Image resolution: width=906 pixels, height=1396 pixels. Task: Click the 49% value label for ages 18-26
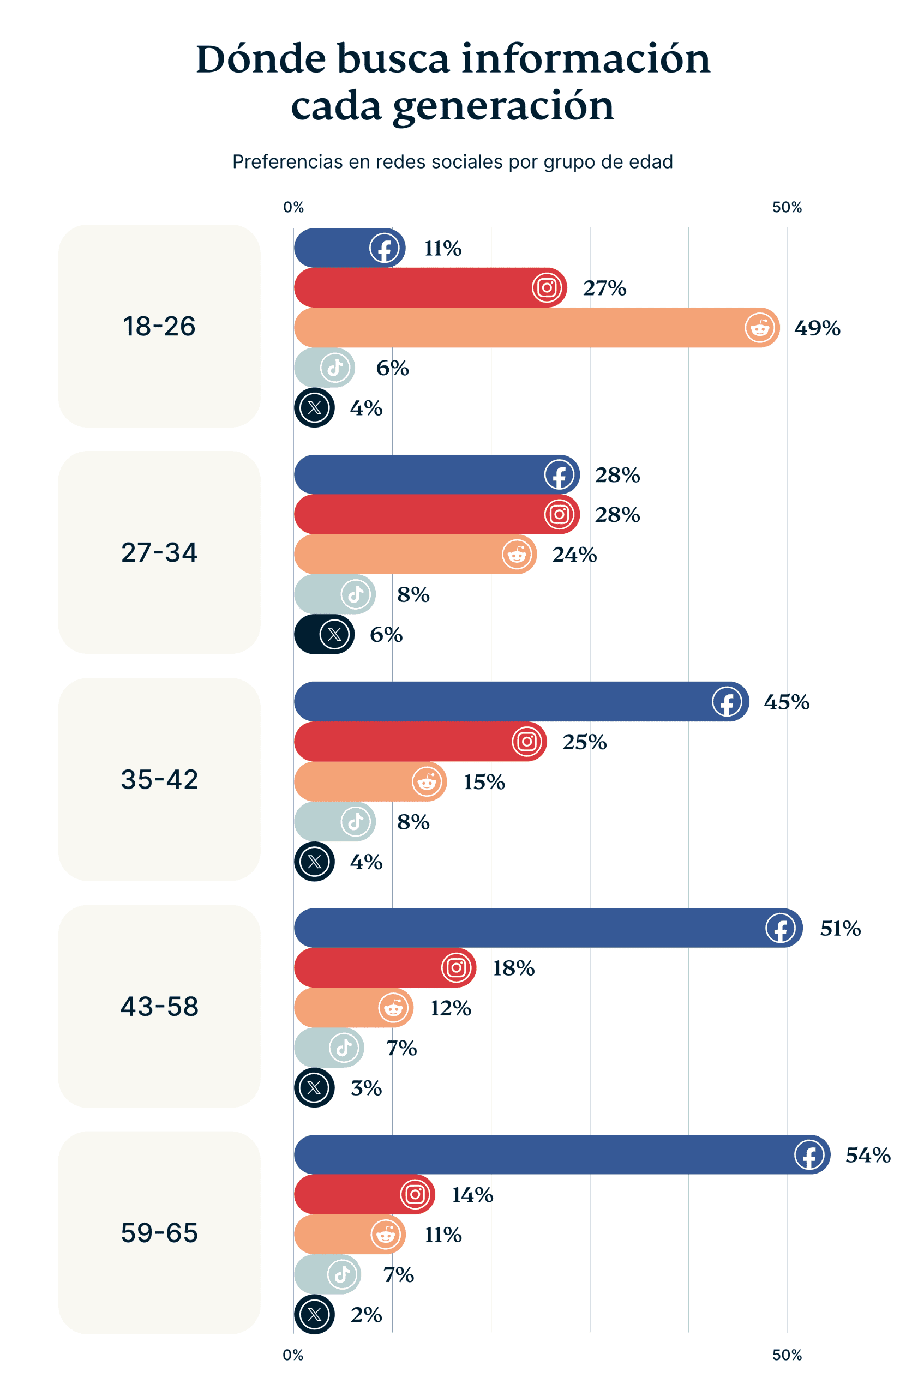816,328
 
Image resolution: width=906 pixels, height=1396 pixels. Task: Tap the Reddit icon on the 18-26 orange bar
759,327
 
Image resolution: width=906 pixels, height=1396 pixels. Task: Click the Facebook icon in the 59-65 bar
809,1154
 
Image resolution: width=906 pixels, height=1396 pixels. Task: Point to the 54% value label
867,1155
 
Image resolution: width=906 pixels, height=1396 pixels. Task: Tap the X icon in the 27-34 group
334,634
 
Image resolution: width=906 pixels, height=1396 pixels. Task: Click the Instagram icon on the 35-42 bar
526,742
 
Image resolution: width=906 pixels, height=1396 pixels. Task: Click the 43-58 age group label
159,1006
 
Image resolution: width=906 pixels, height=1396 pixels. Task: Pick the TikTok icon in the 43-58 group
344,1047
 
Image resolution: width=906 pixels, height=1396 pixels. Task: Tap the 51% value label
839,929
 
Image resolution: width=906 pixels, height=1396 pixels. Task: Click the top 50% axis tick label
787,207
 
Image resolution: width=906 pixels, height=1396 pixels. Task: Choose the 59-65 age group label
159,1232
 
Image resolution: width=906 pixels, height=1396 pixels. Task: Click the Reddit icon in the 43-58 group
393,1008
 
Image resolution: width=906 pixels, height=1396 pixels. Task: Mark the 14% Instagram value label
472,1195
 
